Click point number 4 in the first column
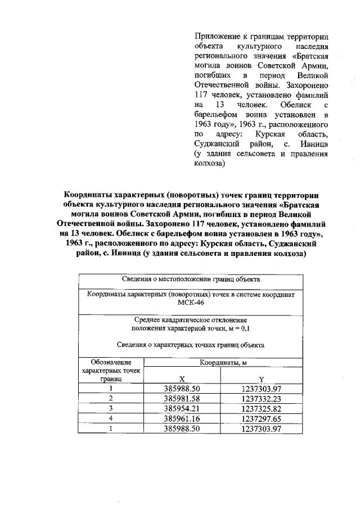click(111, 418)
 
